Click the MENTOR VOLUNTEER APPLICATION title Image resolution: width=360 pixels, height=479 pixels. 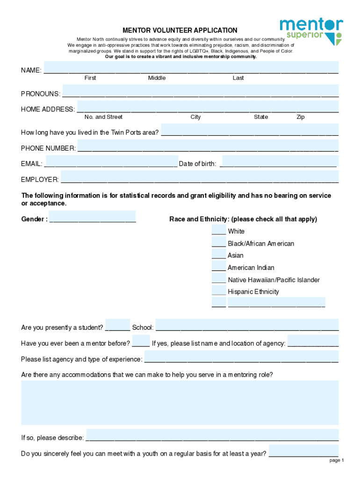180,30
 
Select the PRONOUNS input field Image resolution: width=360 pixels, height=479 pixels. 200,91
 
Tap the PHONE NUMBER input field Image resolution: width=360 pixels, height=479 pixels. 208,146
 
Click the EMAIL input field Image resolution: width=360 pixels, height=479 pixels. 111,161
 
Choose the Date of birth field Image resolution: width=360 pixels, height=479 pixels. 278,161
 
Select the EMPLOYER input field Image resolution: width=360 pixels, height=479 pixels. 200,177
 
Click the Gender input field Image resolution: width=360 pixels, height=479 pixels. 92,217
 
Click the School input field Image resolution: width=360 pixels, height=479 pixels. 247,325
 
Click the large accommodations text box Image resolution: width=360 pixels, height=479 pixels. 180,402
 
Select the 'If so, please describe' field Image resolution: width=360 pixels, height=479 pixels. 212,435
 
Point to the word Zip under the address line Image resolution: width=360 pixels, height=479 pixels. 301,117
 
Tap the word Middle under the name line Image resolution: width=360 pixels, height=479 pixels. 157,78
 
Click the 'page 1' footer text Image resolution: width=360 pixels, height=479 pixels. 337,460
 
